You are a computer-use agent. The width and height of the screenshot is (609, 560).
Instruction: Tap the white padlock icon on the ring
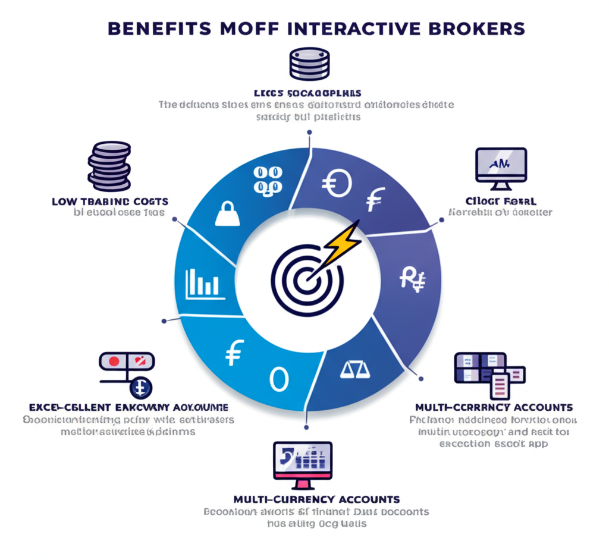tap(227, 213)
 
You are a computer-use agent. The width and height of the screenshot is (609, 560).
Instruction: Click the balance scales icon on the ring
tap(354, 370)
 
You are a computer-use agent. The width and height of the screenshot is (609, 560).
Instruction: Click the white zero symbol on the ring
tap(278, 379)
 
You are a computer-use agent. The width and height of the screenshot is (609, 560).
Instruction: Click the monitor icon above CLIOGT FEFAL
tap(501, 165)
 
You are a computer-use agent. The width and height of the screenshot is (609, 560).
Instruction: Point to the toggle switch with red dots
tap(127, 361)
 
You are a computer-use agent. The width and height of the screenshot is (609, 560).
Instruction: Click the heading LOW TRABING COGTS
tap(110, 202)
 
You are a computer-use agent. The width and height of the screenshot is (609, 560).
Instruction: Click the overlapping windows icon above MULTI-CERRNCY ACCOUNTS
tap(489, 373)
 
